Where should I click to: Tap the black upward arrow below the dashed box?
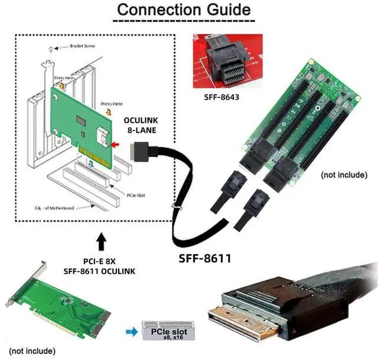[101, 240]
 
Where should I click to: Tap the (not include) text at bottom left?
[30, 350]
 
